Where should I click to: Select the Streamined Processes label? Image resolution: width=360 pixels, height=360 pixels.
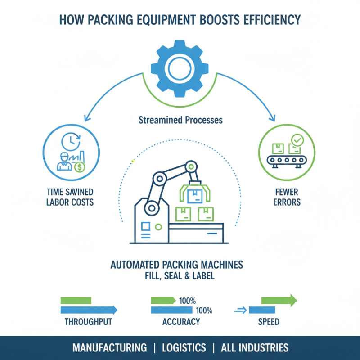(180, 121)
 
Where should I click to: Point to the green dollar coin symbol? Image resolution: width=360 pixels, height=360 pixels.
(80, 167)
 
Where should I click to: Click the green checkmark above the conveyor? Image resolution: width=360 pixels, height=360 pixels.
(297, 140)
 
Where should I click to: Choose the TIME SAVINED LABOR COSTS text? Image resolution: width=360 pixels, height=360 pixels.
(70, 197)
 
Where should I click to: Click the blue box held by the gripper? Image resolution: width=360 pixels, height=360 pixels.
(194, 197)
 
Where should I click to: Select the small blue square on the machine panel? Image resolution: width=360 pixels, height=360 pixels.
(145, 225)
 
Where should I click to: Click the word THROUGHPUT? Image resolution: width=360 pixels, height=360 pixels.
(88, 322)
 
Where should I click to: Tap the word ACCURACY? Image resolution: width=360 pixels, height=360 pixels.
(181, 322)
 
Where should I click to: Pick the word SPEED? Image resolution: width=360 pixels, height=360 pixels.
(269, 322)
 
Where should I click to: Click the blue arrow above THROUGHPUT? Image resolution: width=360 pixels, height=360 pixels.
(89, 310)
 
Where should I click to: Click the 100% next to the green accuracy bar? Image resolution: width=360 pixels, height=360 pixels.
(188, 301)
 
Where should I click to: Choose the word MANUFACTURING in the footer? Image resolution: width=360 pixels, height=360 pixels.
(109, 348)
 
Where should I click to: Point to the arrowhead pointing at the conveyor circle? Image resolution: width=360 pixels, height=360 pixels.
(272, 119)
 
